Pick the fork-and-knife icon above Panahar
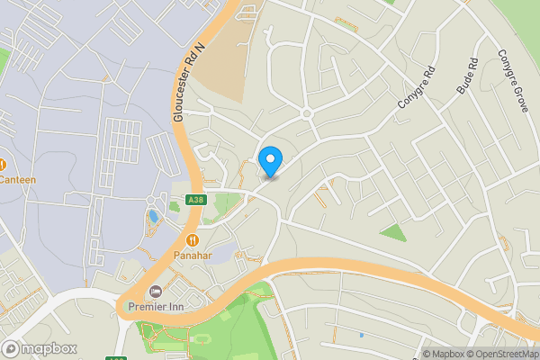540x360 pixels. coord(193,240)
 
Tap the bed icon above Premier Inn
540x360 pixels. coord(156,293)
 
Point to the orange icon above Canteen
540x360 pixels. coord(4,165)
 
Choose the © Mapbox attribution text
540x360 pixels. coord(446,353)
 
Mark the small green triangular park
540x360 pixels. coord(392,233)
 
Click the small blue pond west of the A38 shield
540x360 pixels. coord(153,217)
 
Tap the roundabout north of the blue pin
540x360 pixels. coord(306,113)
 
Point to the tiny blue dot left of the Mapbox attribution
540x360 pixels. coord(361,335)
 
